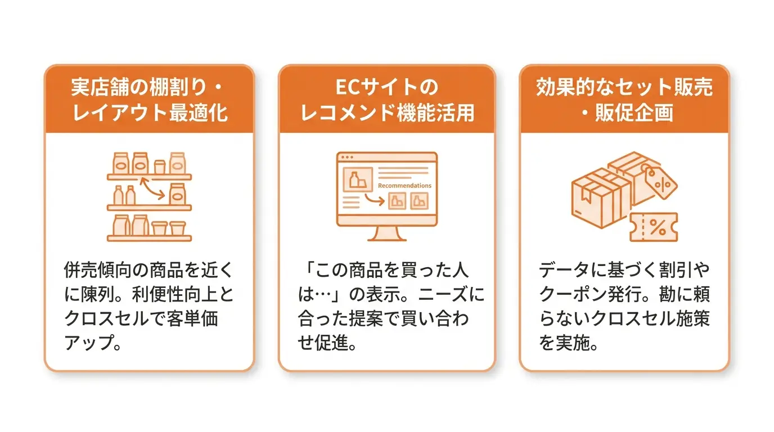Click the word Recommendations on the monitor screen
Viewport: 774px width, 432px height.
tap(404, 186)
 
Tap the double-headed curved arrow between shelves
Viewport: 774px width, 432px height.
tap(152, 189)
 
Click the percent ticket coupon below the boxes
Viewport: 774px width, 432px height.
tap(654, 227)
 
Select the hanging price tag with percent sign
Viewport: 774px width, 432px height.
tap(659, 182)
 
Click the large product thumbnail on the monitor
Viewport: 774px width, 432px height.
tap(358, 179)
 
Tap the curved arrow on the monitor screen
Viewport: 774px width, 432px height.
tap(375, 199)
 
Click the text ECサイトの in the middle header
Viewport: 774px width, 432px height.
tap(386, 87)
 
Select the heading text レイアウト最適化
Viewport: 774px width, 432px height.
tap(150, 112)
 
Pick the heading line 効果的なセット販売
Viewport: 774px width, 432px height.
tap(624, 87)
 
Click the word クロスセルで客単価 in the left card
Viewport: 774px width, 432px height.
tap(141, 318)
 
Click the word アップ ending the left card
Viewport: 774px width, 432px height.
tap(88, 343)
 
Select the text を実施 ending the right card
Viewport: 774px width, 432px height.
tap(564, 343)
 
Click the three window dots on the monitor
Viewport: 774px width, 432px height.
tap(347, 157)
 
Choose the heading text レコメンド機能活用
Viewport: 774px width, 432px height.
tap(387, 112)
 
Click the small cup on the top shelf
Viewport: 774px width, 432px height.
tap(159, 166)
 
